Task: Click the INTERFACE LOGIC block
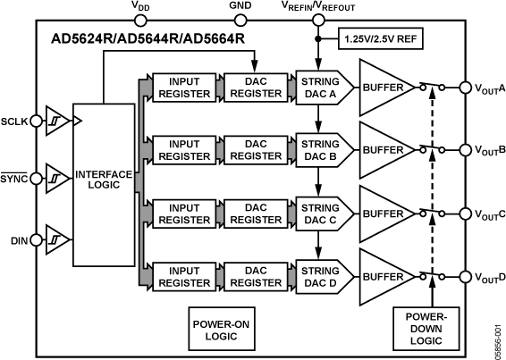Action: (x=105, y=180)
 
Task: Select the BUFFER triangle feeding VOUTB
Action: (x=384, y=151)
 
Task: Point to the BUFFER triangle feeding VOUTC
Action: (x=384, y=214)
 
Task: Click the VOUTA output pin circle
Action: (x=465, y=88)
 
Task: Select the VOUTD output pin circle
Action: (x=465, y=278)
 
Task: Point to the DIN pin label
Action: (x=19, y=239)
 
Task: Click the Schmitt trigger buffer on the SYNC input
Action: (x=55, y=179)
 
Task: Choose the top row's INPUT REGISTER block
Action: (x=183, y=88)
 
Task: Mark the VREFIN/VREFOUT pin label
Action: (x=318, y=6)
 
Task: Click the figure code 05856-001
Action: (x=498, y=336)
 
